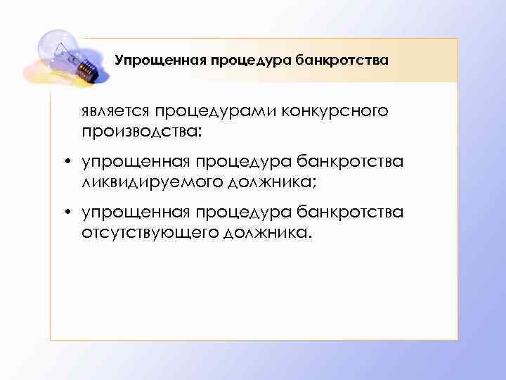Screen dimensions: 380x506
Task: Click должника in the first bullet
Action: (274, 182)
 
